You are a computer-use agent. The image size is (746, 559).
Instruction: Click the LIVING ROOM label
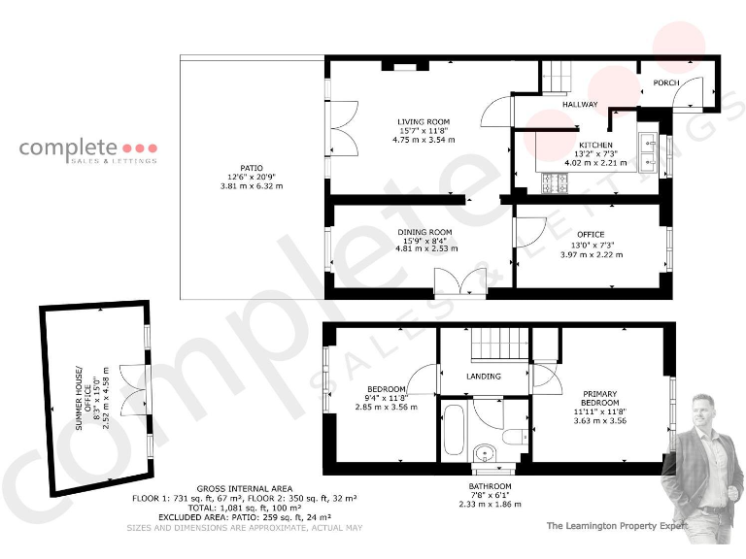coord(423,121)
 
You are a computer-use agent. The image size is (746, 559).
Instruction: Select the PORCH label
coord(665,83)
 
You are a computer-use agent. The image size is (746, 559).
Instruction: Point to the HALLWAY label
coord(579,105)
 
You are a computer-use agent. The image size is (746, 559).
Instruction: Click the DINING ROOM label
coord(424,232)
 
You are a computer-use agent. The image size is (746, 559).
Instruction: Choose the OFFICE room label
coord(590,234)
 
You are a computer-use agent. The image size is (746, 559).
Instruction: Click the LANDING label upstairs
coord(484,377)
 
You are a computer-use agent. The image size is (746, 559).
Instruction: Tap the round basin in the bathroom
coord(484,453)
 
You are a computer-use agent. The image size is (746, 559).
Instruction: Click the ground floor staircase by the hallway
coord(558,74)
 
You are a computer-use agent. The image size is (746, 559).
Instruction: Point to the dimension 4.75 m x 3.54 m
coord(423,140)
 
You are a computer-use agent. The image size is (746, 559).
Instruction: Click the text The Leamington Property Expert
coord(617,525)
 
